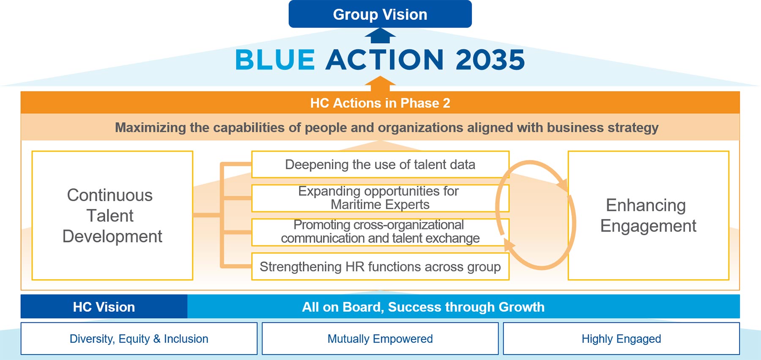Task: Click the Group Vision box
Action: coord(380,14)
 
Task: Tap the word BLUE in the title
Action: coord(275,60)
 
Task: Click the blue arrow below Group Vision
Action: coord(380,36)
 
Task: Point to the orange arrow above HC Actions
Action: coord(380,84)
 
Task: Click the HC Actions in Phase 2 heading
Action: coord(380,103)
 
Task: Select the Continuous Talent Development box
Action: coord(112,215)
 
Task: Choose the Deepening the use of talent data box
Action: coord(380,164)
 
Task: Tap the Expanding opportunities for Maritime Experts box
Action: coord(380,198)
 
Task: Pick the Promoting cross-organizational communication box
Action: coord(380,232)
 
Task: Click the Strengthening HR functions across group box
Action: coord(380,267)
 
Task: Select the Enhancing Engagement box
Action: coord(649,215)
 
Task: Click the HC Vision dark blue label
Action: coord(104,307)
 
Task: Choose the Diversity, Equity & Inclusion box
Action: coord(139,338)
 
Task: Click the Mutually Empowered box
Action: coord(380,338)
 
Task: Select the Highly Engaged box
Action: coord(621,338)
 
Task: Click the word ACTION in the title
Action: coord(385,60)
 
